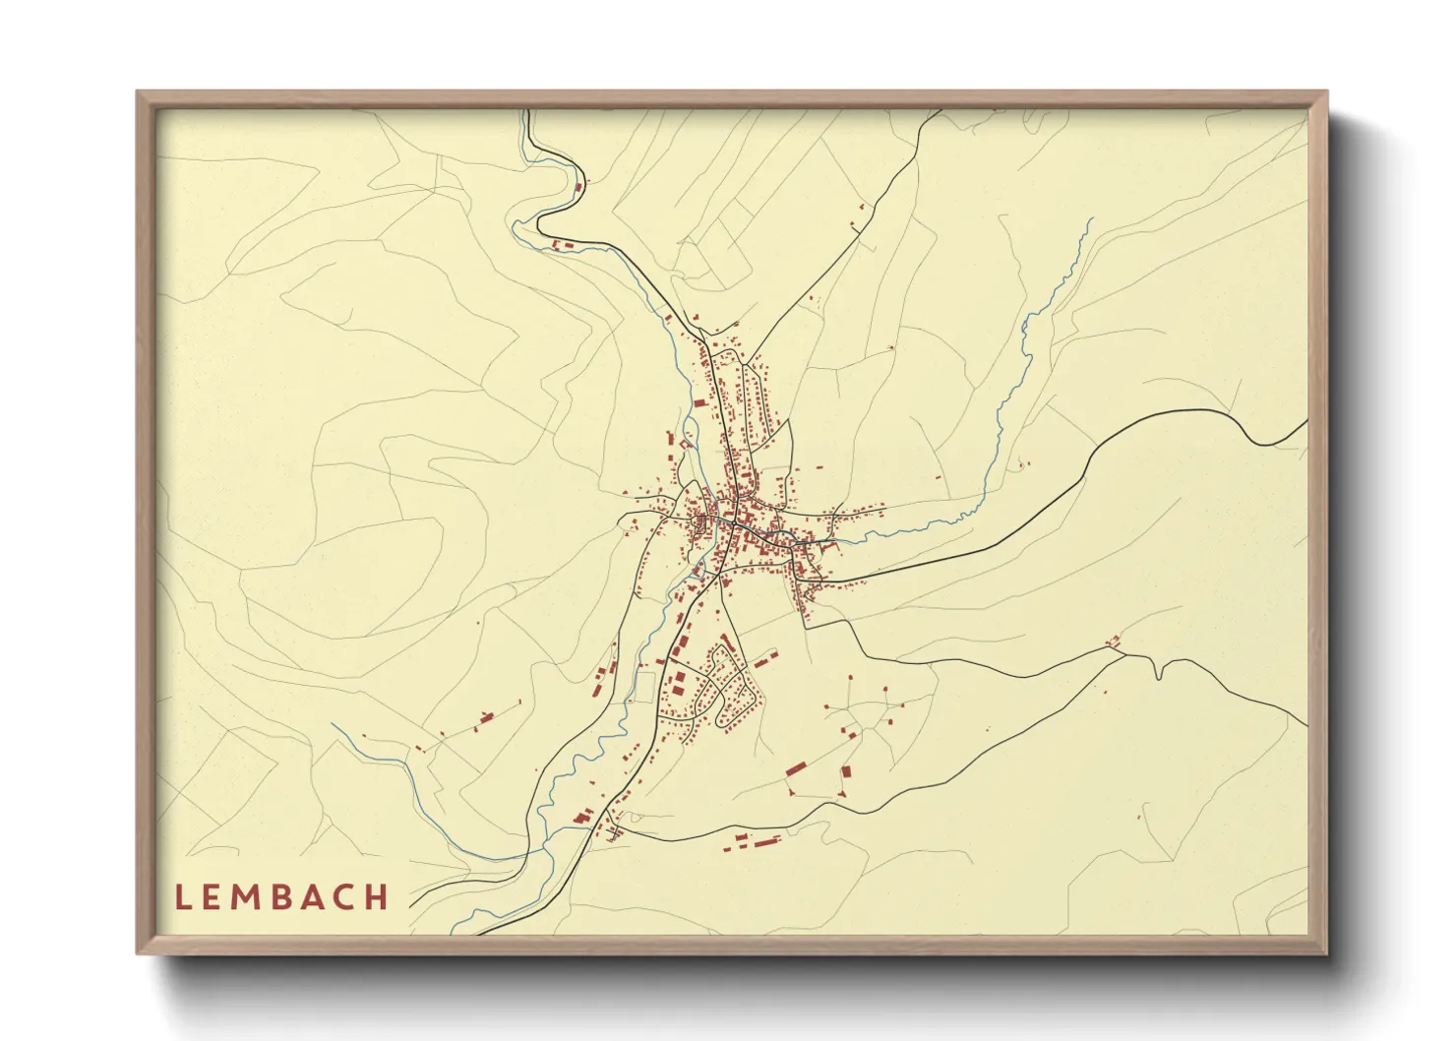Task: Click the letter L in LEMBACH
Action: [182, 897]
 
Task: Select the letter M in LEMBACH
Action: [250, 897]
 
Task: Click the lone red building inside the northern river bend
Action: [578, 186]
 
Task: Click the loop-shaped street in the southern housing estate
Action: [733, 689]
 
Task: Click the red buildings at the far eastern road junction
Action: [1114, 642]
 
